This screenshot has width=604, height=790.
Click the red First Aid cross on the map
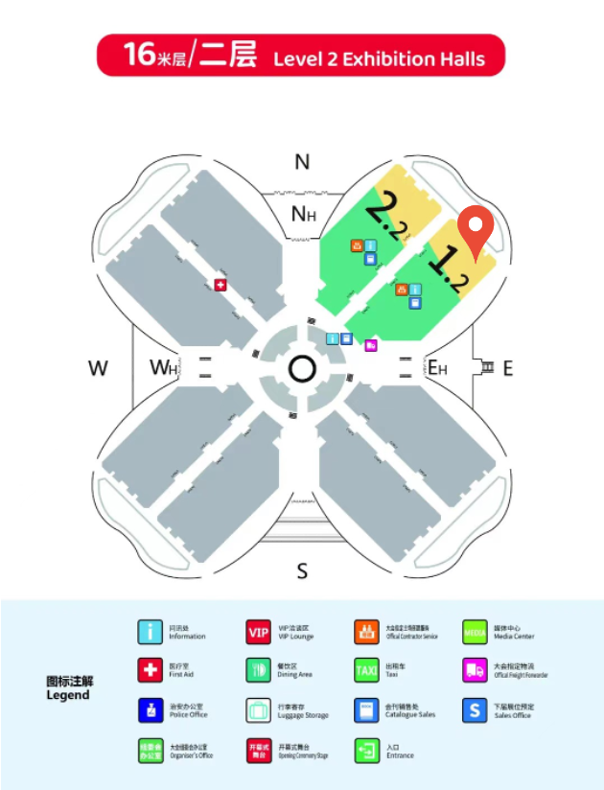coord(221,285)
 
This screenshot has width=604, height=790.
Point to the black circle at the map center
coord(302,368)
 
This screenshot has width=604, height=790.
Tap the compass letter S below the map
coord(302,571)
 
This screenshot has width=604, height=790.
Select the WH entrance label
coord(163,367)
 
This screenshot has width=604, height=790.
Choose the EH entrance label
coord(438,367)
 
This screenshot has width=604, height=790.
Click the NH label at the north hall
coord(303,214)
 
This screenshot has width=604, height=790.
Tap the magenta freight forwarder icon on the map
coord(371,345)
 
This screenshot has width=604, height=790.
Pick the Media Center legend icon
coord(475,632)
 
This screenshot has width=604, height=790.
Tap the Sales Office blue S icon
coord(475,710)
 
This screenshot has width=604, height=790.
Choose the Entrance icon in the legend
coord(366,750)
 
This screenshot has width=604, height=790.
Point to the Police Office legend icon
coord(150,710)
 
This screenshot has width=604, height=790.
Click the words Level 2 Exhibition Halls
coord(379,59)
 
